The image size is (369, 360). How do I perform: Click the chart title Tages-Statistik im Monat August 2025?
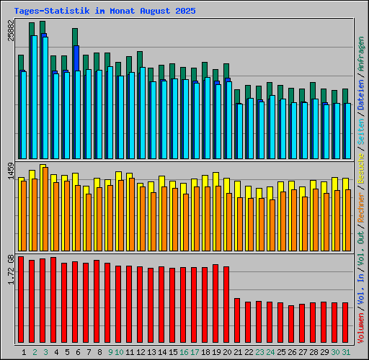tap(105, 12)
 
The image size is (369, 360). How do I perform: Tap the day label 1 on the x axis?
tap(24, 352)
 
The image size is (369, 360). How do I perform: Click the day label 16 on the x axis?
tap(184, 352)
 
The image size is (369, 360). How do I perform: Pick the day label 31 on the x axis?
tap(347, 352)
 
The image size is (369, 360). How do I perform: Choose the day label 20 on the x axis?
tap(228, 352)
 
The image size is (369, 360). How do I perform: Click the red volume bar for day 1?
tap(21, 300)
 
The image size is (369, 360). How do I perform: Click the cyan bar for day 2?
tap(34, 97)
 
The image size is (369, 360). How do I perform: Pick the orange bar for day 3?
tap(45, 209)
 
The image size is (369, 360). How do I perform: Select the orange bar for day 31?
tap(347, 220)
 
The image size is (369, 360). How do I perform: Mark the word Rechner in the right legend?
tap(360, 210)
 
